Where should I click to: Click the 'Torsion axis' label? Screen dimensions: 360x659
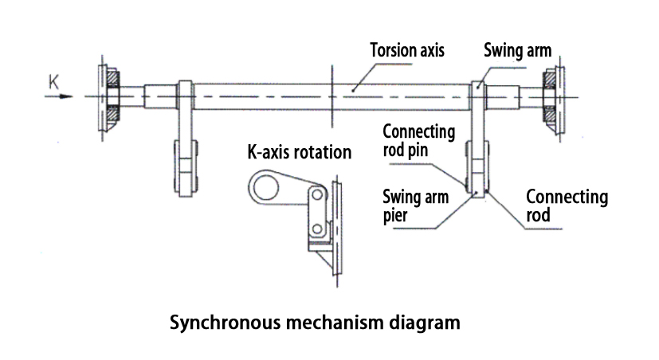tap(406, 49)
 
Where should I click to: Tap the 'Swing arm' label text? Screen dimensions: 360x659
tap(519, 49)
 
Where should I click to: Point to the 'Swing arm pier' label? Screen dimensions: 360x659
tap(415, 205)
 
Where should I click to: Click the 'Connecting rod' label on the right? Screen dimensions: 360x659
tap(567, 205)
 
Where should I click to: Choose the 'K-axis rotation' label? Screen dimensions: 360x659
tap(300, 151)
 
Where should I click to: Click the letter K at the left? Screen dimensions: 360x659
tap(53, 81)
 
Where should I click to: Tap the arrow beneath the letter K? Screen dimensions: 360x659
tap(59, 97)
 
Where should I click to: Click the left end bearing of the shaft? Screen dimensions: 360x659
tap(111, 98)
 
